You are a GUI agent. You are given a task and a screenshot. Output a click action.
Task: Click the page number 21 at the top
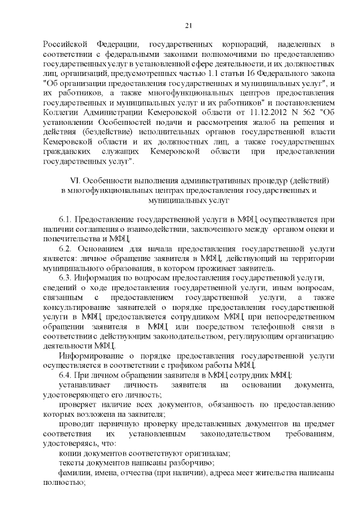[188, 24]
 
